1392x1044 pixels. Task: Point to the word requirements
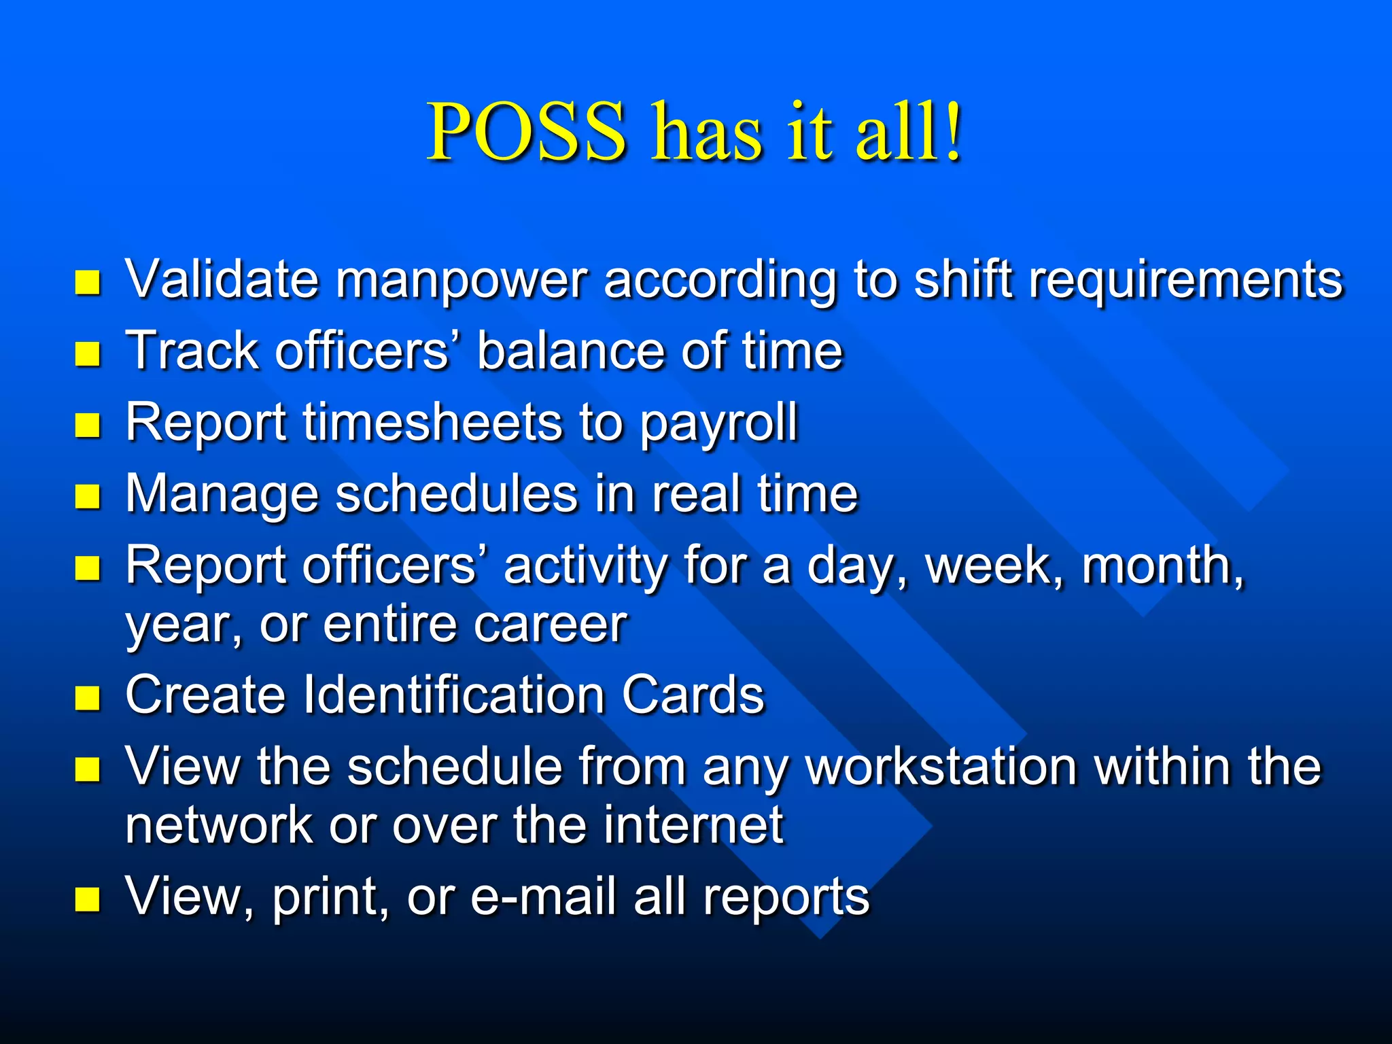1186,280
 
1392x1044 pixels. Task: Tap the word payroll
718,425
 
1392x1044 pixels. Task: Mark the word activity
585,566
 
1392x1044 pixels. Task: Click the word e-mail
543,897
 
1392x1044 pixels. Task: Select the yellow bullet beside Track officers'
88,353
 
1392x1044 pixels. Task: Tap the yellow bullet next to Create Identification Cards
88,697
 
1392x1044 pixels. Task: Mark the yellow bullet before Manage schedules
88,496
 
